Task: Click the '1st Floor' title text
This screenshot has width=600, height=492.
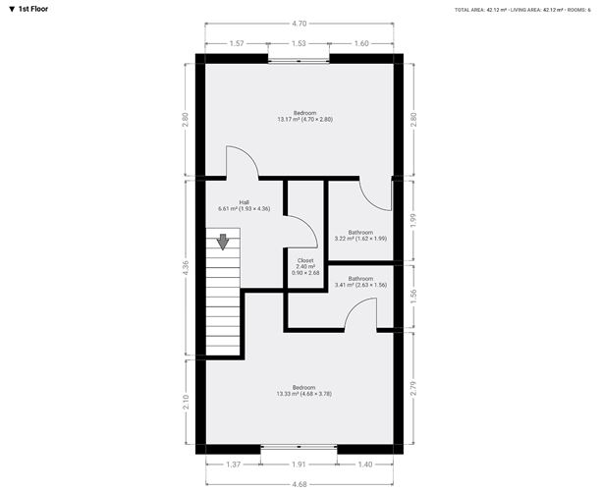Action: pos(33,9)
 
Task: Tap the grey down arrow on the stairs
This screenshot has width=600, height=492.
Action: pos(223,242)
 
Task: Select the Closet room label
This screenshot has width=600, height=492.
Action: pos(305,267)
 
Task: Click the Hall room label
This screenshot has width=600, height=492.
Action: pos(245,205)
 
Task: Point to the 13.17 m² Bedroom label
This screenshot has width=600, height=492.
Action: pos(305,116)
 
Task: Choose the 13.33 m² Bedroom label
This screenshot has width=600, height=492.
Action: pos(304,390)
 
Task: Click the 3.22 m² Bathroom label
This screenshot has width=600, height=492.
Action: pos(360,236)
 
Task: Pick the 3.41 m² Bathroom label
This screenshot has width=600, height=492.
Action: pos(360,282)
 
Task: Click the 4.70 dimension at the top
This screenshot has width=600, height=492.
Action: pos(300,24)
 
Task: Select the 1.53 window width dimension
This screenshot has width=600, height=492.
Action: pos(299,43)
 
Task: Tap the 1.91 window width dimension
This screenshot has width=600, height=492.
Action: pos(299,465)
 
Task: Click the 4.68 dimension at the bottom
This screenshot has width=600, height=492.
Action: pos(300,484)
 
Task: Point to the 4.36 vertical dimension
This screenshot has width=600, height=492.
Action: pos(186,268)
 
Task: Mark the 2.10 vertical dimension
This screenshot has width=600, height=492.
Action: pos(186,402)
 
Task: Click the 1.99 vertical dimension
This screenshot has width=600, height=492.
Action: pos(413,221)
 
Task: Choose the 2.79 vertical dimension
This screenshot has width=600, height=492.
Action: pos(413,388)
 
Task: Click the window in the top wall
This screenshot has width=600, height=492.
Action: pos(299,60)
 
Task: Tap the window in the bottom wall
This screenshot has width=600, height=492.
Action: pos(299,447)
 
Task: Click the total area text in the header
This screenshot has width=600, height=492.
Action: pos(481,10)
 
